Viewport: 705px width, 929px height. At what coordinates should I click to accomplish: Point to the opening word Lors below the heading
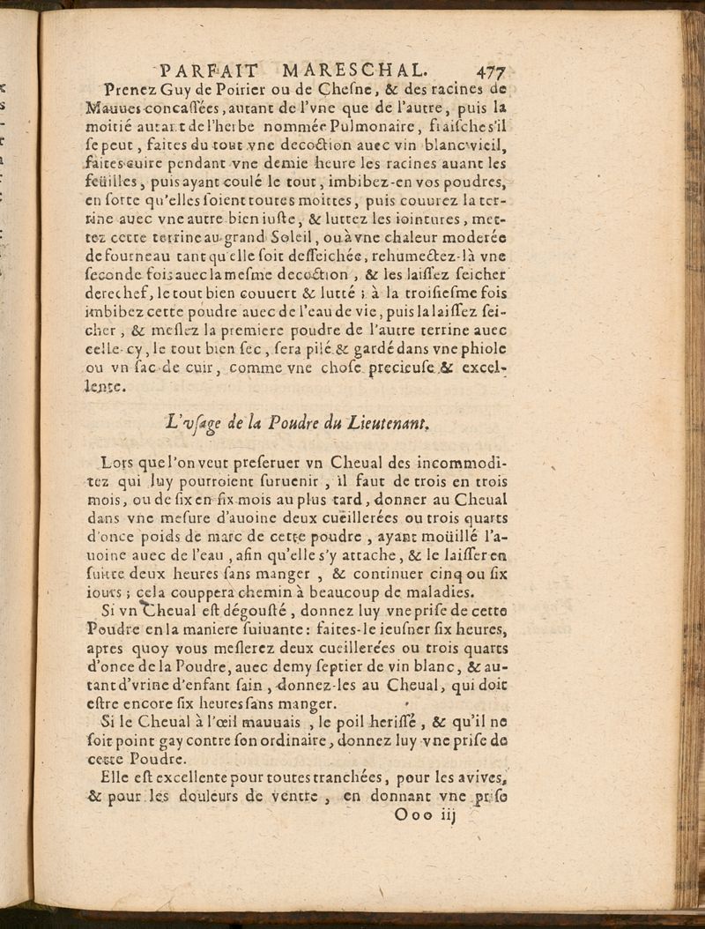pyautogui.click(x=116, y=464)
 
